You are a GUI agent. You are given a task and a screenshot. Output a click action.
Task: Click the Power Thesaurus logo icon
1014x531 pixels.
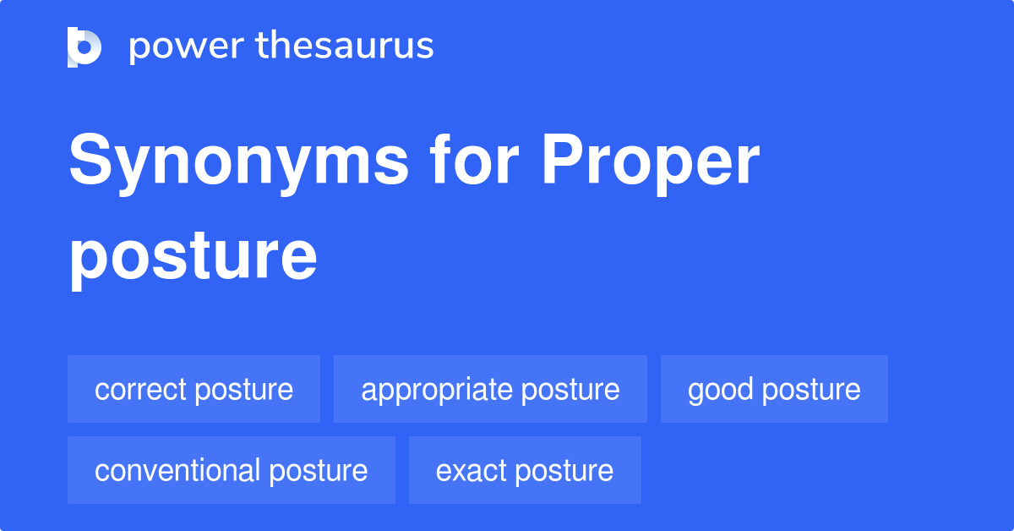84,47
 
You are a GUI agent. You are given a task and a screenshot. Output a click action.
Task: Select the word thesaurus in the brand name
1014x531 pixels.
345,47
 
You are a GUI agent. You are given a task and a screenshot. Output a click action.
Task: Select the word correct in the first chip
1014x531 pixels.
140,390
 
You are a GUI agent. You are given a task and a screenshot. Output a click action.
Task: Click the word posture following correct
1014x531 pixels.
243,391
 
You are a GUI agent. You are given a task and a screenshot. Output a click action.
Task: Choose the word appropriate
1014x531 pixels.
437,391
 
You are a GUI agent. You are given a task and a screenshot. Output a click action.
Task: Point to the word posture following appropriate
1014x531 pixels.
570,391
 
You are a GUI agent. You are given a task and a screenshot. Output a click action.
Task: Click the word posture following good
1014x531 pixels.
812,391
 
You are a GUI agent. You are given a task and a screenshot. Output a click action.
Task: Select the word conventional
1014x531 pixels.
177,471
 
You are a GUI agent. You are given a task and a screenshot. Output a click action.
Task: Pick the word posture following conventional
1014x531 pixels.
318,471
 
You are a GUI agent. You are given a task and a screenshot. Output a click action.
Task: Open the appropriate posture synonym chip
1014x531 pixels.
490,390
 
